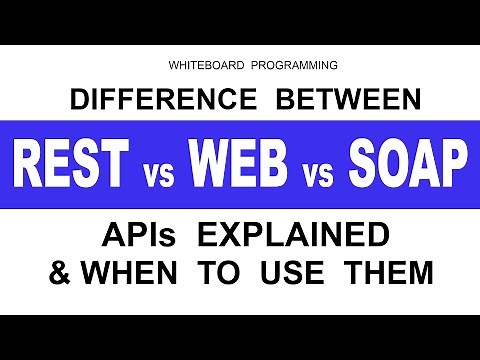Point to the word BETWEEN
(338, 100)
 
